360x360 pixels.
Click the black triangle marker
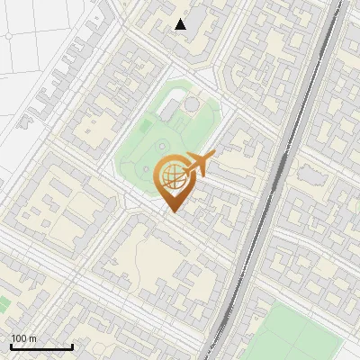point(181,23)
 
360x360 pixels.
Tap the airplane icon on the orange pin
point(199,165)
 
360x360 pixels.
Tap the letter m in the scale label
point(33,337)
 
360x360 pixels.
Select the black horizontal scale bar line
point(41,346)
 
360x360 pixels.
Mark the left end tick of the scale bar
point(11,345)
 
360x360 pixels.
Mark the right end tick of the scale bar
point(72,345)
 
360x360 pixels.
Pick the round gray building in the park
point(192,105)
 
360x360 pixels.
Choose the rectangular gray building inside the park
point(168,110)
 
